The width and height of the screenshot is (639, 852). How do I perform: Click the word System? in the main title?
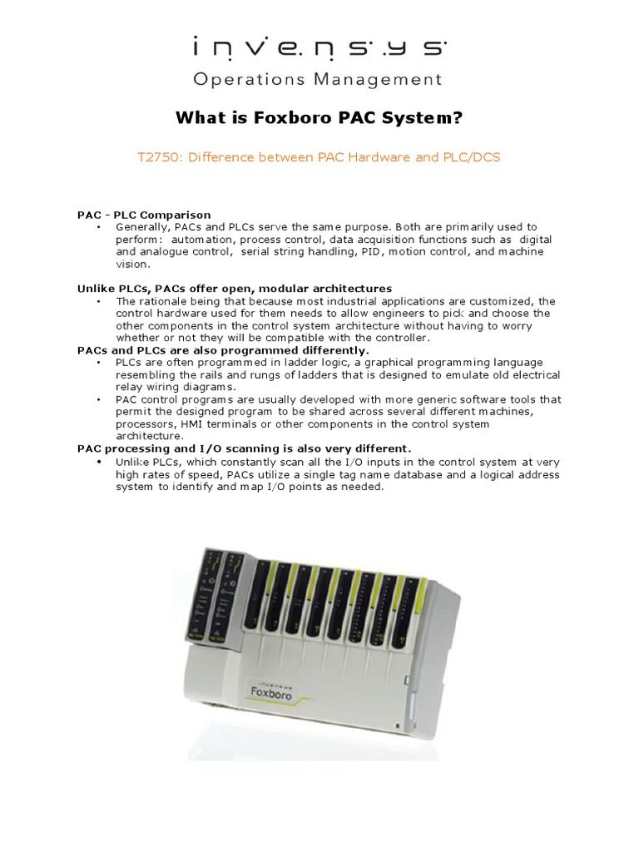point(421,119)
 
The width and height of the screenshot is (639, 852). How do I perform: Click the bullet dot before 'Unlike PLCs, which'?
point(99,462)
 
